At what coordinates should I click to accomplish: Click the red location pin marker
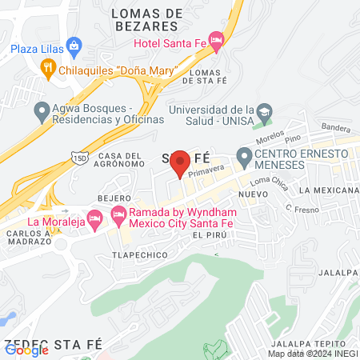click(x=181, y=162)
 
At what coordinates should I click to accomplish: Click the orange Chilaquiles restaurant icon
click(x=48, y=70)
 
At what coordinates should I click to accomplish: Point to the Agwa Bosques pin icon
click(x=42, y=110)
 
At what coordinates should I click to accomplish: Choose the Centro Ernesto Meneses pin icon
click(x=243, y=154)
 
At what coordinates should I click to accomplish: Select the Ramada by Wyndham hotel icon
click(x=118, y=214)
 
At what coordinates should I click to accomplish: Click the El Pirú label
click(x=206, y=236)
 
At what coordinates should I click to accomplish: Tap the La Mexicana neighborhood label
click(x=327, y=190)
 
